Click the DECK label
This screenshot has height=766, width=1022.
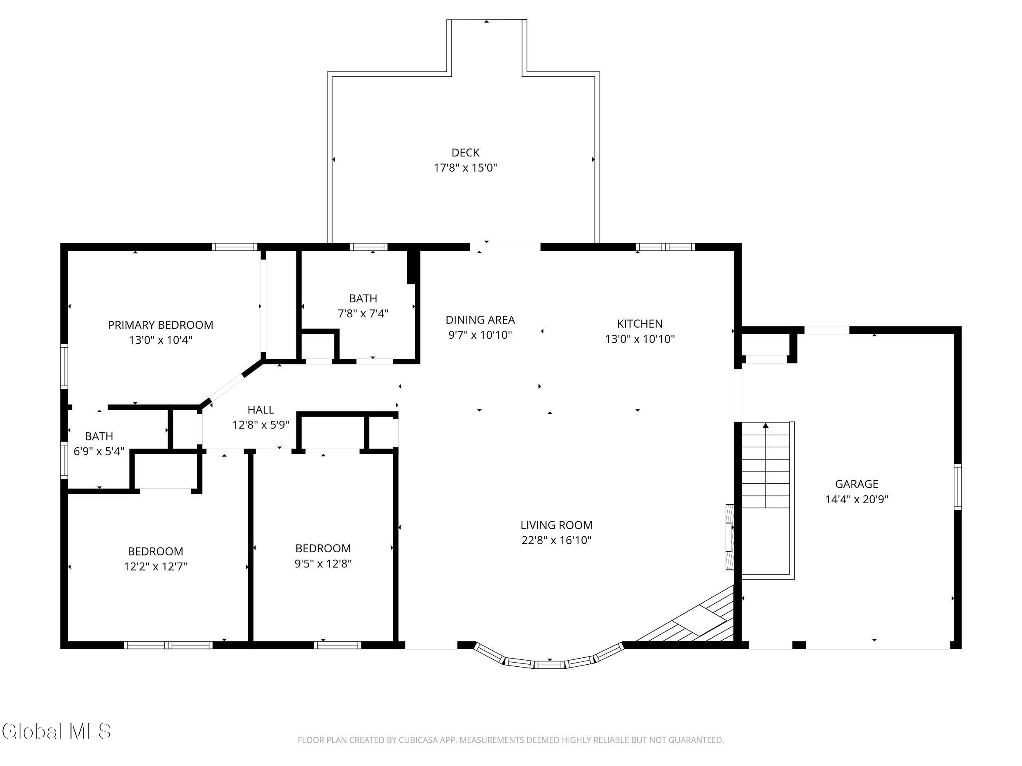point(465,152)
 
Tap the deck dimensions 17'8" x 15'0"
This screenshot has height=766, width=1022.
point(465,167)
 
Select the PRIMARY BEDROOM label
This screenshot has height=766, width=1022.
point(160,325)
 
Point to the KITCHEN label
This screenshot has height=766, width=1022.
point(640,324)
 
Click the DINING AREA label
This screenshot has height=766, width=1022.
point(480,319)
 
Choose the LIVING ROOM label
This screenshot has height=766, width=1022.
point(556,525)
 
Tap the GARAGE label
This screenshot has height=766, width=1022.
point(856,484)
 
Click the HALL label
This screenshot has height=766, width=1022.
point(260,409)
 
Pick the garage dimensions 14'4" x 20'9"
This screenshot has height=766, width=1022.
point(856,499)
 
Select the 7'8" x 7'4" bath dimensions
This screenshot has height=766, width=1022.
point(363,313)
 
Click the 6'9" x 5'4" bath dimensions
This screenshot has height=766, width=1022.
point(99,451)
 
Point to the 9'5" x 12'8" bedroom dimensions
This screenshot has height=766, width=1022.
point(323,563)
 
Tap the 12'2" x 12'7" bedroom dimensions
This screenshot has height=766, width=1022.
point(155,566)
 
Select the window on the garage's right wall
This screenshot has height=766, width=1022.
point(958,487)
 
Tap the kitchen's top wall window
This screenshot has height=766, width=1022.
point(665,247)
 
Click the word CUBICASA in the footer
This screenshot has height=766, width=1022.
point(421,740)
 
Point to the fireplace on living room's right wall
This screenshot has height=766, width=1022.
point(730,537)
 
